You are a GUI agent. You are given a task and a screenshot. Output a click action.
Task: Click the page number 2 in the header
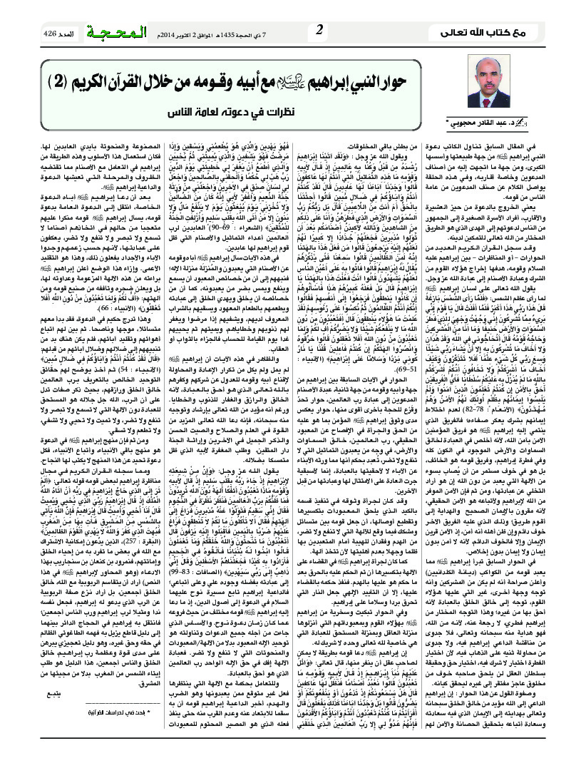[319, 29]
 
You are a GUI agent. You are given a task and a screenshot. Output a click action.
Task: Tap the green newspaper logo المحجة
[118, 31]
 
